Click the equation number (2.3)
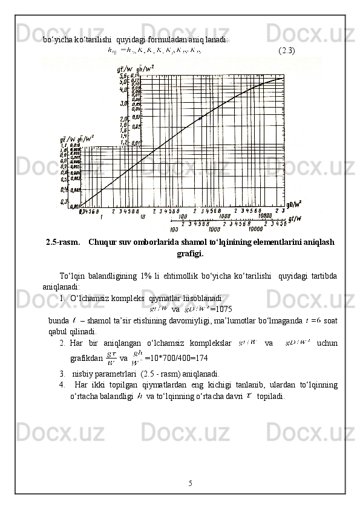286,50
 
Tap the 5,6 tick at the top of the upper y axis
122,75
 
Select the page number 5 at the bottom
190,483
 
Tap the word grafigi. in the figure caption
190,254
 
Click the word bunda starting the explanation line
58,320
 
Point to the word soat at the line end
331,320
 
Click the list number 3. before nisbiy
63,373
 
